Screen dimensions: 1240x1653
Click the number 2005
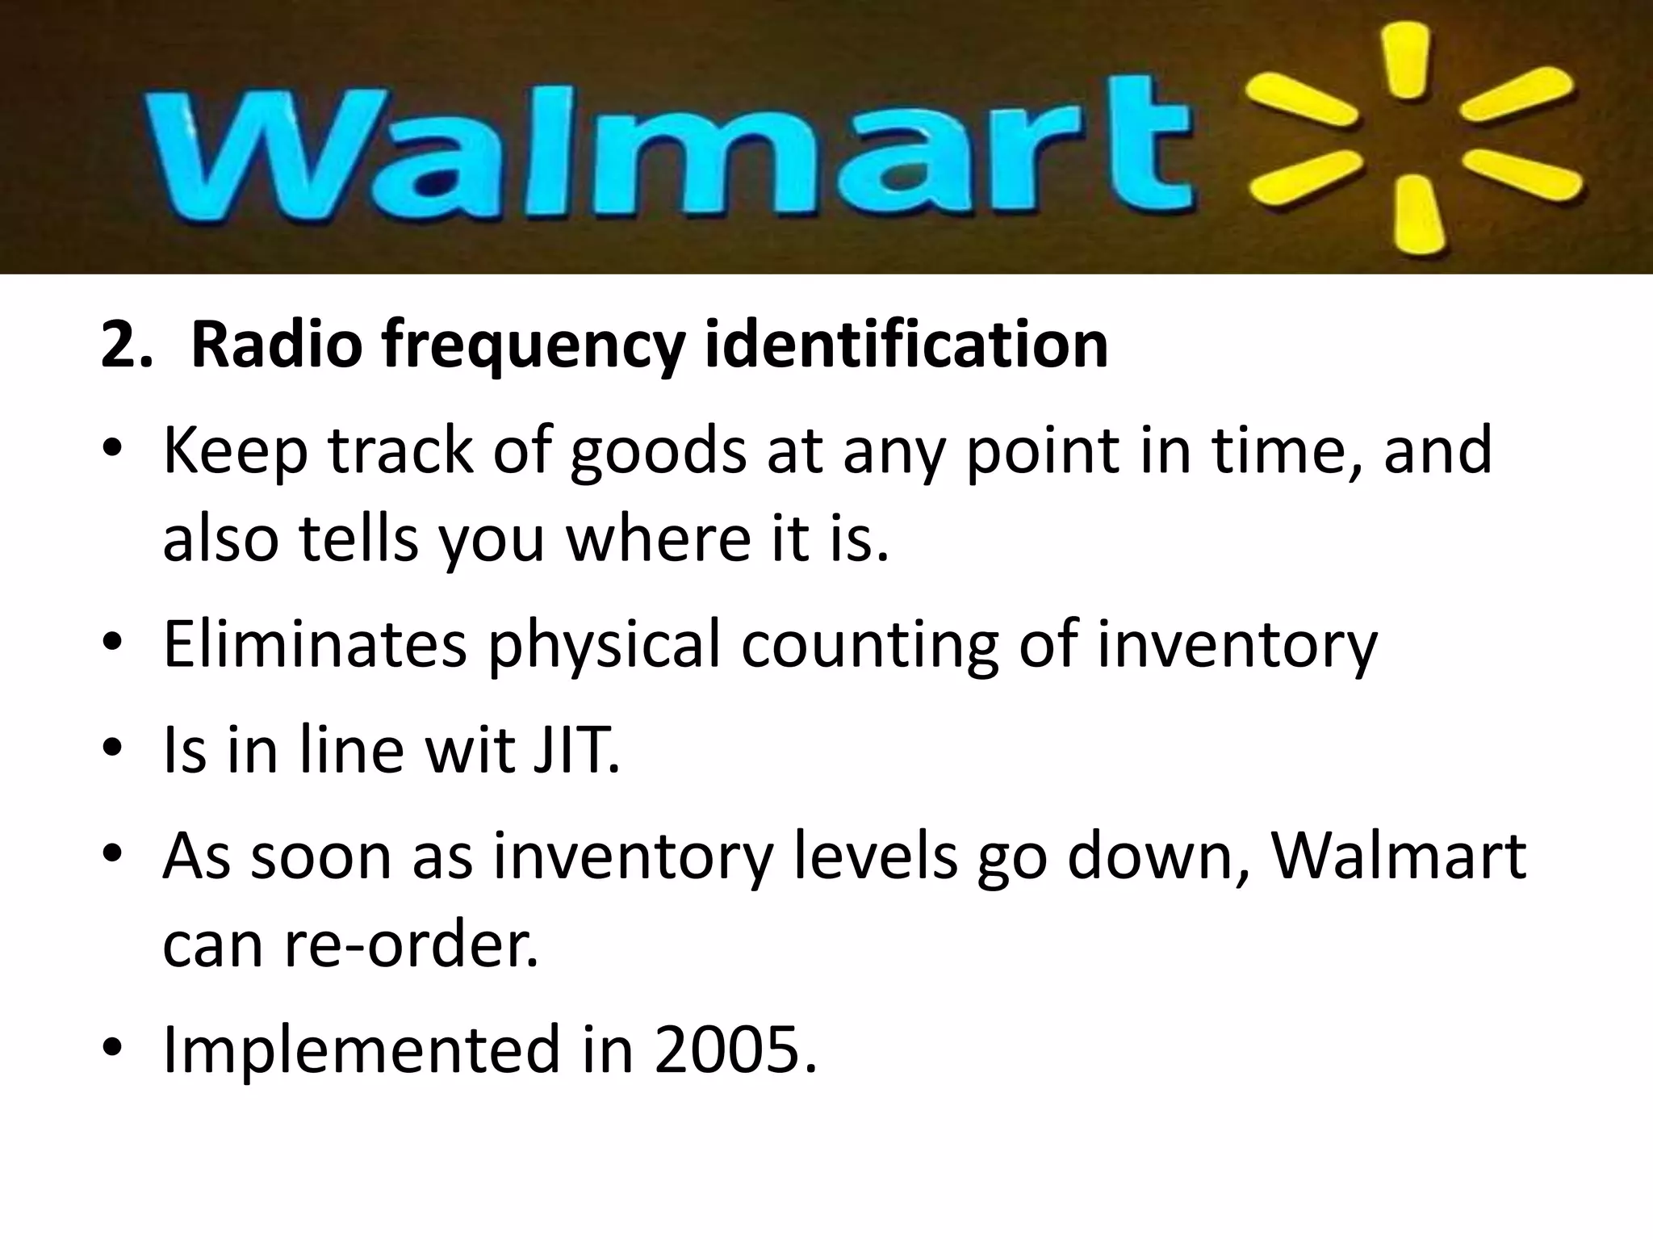point(734,1049)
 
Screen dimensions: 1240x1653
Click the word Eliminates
point(315,643)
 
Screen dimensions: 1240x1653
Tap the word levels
point(876,856)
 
